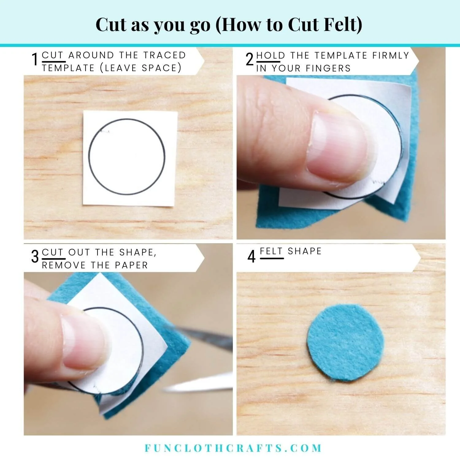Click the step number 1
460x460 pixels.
tap(35, 59)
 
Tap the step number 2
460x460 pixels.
tap(250, 59)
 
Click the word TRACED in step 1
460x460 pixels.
tap(165, 55)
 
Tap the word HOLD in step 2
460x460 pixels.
tap(271, 56)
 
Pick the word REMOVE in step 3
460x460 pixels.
tap(64, 265)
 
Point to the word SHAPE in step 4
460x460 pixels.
tap(305, 251)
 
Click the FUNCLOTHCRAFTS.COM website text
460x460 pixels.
tap(233, 448)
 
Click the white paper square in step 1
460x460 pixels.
tap(130, 159)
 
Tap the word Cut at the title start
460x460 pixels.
tap(112, 25)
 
